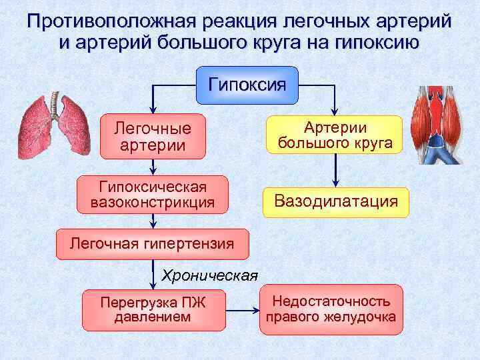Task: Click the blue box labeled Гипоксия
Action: click(x=247, y=85)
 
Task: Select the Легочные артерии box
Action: click(x=153, y=137)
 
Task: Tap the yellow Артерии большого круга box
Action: click(x=335, y=135)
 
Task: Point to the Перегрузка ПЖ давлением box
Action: click(x=153, y=310)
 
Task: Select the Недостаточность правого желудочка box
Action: click(x=331, y=309)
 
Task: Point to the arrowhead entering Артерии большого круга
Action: click(x=335, y=111)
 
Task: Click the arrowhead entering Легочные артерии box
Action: click(x=153, y=111)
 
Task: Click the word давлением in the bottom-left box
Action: click(x=153, y=317)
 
